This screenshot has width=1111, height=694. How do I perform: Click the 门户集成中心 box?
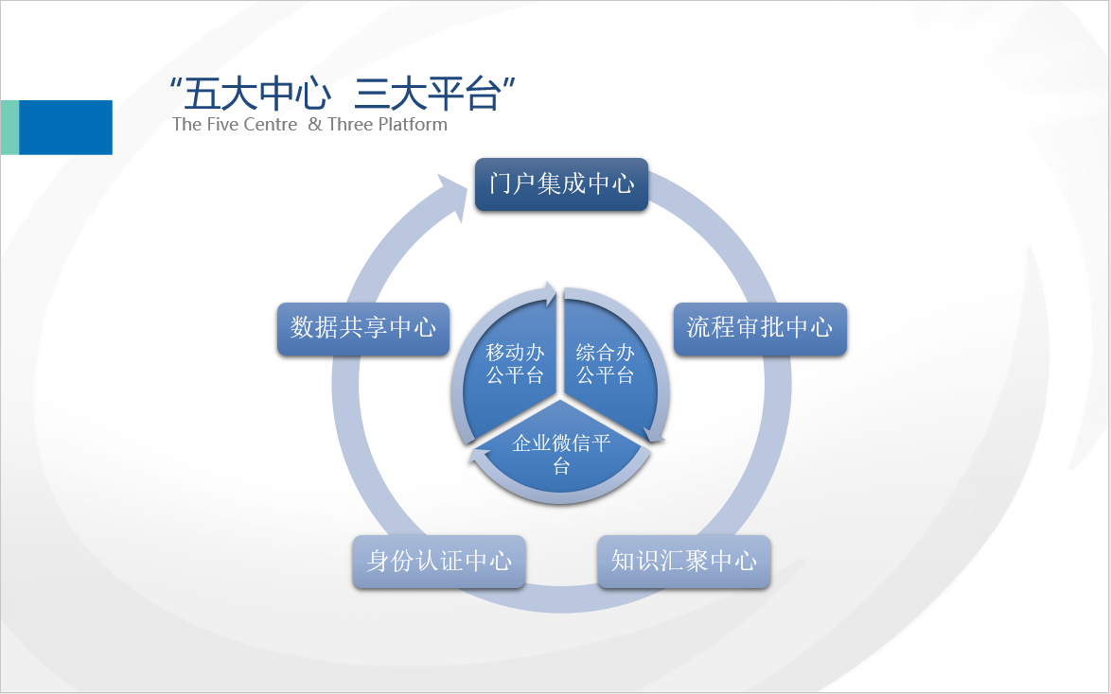click(561, 184)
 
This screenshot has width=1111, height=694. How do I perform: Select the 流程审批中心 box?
click(760, 329)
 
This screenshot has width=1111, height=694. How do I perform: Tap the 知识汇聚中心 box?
click(684, 562)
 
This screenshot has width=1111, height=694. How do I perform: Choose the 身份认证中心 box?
click(438, 562)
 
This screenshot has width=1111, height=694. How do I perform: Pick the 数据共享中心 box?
click(362, 329)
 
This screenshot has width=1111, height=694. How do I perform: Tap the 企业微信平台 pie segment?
click(560, 453)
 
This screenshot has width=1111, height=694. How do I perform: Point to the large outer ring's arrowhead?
click(453, 196)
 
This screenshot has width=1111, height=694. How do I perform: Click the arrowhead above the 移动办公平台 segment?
click(548, 293)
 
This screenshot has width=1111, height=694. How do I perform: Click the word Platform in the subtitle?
click(413, 125)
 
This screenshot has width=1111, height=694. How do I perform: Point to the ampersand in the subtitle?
click(314, 125)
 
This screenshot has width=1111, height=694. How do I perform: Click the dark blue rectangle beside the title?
click(65, 128)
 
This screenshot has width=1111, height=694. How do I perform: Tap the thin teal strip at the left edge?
click(9, 128)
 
